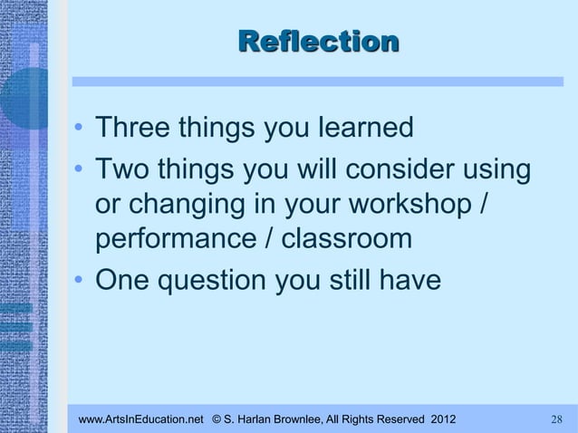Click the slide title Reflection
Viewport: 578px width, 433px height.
point(317,42)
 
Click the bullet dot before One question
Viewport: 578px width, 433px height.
point(82,282)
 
